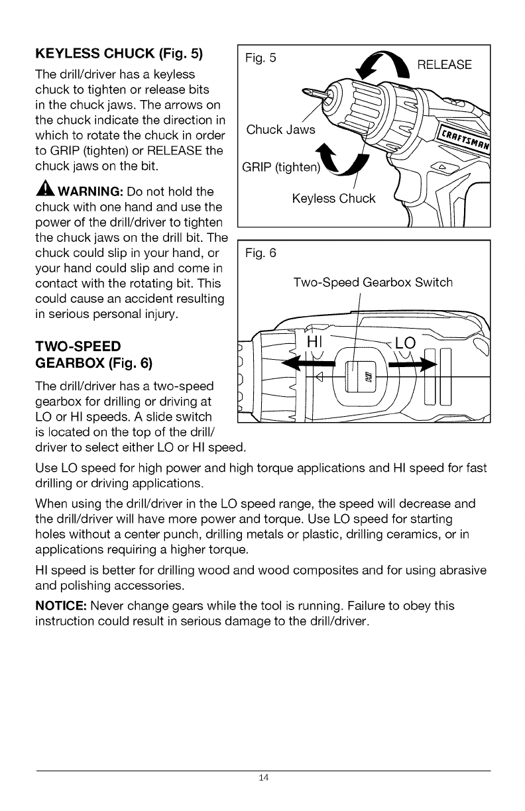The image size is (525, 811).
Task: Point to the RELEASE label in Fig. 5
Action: pos(444,65)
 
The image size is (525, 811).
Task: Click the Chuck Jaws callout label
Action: pos(280,129)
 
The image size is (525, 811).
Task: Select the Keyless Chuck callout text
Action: pos(333,198)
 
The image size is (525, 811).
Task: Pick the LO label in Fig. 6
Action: pos(404,345)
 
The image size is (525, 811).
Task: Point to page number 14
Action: pos(263,777)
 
